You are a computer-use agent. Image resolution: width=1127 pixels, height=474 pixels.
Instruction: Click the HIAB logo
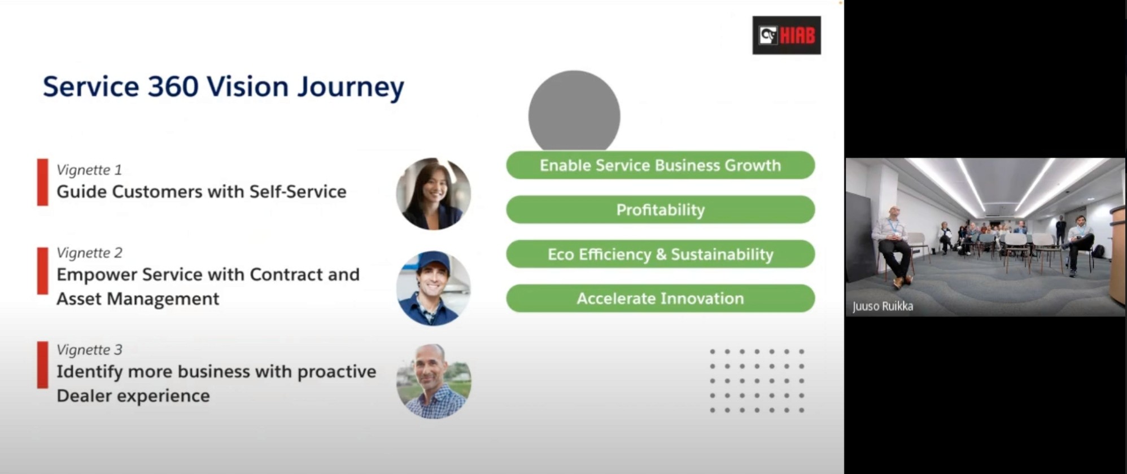[787, 35]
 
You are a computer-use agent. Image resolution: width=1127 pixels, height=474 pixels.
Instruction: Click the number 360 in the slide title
[173, 87]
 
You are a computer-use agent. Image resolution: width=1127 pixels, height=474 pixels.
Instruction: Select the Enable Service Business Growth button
[660, 165]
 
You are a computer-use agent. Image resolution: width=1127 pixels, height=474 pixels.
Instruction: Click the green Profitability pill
[660, 210]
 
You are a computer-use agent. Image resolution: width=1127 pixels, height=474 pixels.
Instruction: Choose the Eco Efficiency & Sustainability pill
[660, 254]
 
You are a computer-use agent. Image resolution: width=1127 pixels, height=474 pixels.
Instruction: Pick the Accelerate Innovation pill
[660, 299]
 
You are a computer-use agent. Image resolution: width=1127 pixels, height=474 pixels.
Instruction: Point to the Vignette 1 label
[89, 170]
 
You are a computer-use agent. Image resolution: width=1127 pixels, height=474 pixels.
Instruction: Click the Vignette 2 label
[89, 253]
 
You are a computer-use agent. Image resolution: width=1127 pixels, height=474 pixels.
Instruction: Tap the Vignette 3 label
[89, 350]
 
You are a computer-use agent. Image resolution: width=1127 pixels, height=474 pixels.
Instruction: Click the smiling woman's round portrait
[434, 194]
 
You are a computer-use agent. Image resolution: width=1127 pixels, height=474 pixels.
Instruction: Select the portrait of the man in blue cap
[434, 288]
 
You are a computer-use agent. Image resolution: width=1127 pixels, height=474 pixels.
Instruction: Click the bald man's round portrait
[434, 381]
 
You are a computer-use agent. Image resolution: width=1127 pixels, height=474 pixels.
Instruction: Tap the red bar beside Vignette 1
[42, 182]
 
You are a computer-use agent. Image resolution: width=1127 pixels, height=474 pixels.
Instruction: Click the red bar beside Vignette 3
[42, 365]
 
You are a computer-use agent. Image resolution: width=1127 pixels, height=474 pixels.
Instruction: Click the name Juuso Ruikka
[883, 306]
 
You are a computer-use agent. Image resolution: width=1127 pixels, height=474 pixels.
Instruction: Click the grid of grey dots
[757, 381]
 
